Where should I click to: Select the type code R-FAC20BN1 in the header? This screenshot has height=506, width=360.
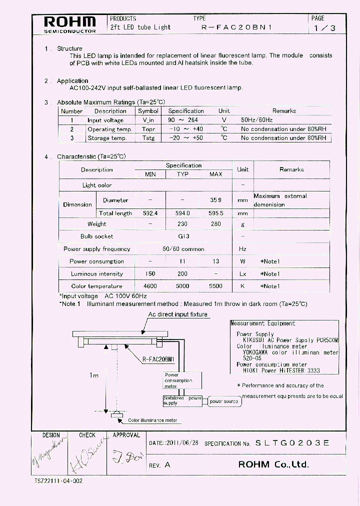(236, 28)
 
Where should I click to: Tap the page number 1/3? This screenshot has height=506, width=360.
(324, 28)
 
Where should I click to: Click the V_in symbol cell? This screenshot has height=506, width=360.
(148, 120)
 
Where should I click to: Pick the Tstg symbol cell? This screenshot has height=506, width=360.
(148, 138)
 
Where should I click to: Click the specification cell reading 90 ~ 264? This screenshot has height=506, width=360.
(185, 120)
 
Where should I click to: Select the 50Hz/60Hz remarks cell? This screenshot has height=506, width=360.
(257, 120)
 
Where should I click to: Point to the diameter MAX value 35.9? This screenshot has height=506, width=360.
(215, 200)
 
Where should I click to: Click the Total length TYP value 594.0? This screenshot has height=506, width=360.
(182, 213)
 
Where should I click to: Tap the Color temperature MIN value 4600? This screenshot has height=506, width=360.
(150, 286)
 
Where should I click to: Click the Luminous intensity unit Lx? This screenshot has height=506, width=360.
(242, 274)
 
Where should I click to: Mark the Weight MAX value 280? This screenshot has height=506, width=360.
(215, 224)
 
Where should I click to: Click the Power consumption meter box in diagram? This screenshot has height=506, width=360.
(178, 380)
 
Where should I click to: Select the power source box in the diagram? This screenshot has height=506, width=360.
(224, 401)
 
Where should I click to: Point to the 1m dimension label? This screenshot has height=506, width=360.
(94, 375)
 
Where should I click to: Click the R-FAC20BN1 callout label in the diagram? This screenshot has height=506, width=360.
(158, 359)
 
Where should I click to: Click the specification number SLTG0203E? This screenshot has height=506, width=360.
(292, 443)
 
